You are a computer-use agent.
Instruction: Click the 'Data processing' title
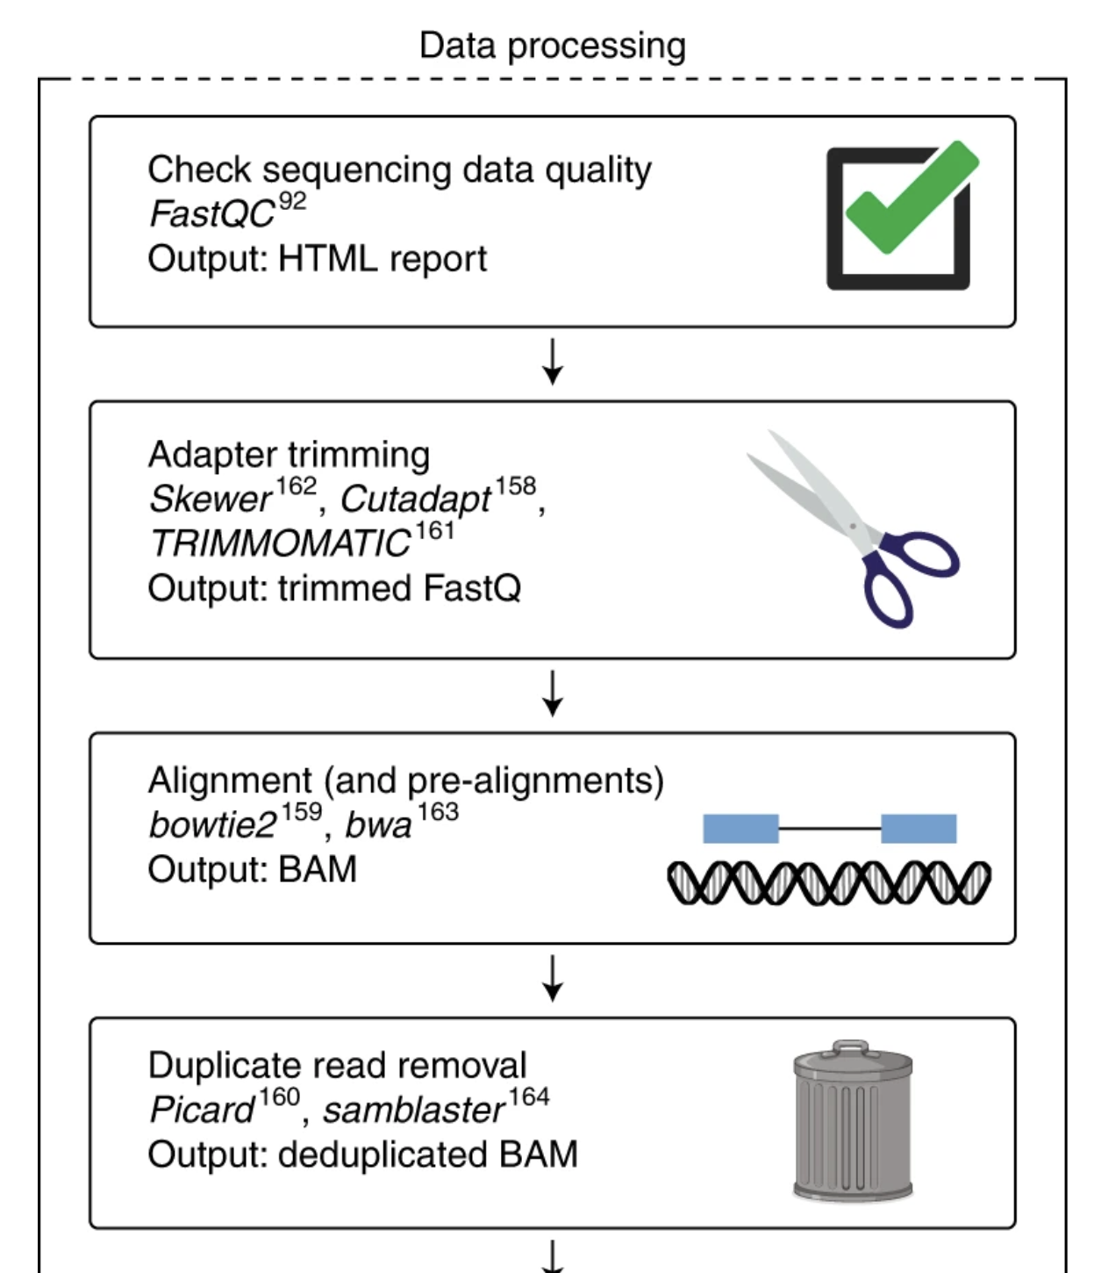[552, 46]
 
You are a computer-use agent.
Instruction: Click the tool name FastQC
[211, 214]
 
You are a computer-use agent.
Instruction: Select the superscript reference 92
[292, 202]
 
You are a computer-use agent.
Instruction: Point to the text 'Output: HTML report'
[317, 259]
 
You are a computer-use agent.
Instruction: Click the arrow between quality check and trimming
[552, 362]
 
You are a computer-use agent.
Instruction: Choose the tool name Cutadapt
[415, 500]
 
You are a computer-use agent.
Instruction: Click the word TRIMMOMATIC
[280, 544]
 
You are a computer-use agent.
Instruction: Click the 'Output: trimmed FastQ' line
[334, 588]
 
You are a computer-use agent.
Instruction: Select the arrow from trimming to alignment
[552, 694]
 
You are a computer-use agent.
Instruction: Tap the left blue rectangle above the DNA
[740, 829]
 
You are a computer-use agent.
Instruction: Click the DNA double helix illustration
[828, 882]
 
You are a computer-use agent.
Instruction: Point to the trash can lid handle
[850, 1046]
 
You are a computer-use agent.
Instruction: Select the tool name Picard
[202, 1110]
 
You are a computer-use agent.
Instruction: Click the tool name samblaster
[413, 1111]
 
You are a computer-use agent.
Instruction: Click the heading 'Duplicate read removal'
[337, 1065]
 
